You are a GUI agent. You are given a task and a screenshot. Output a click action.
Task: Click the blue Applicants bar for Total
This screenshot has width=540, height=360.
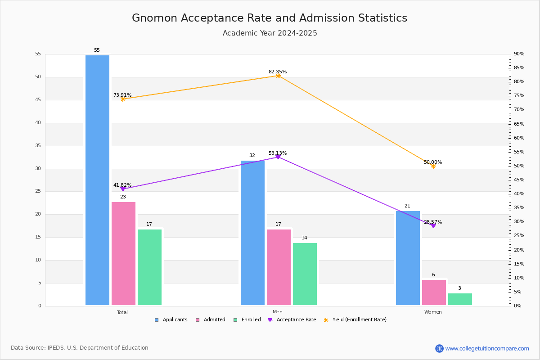click(97, 180)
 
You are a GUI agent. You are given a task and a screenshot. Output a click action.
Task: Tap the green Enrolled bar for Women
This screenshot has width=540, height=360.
click(460, 299)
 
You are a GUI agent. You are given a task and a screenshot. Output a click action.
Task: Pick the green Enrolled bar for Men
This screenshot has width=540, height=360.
click(305, 274)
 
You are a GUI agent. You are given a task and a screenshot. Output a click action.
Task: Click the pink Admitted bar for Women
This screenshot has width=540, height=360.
click(434, 292)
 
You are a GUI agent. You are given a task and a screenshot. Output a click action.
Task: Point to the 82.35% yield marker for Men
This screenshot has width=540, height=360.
click(278, 76)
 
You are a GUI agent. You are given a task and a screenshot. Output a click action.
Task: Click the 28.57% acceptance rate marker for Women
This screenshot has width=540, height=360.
click(433, 225)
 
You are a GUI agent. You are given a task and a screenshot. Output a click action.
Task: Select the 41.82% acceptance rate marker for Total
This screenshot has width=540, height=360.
click(123, 189)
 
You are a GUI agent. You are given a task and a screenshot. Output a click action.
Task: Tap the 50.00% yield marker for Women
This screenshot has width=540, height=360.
click(433, 166)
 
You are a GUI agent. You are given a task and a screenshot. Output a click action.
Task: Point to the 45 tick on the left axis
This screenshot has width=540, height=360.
click(38, 100)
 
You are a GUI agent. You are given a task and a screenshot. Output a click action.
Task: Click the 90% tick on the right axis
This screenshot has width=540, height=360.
click(519, 54)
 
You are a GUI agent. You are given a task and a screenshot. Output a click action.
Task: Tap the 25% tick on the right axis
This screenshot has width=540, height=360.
click(519, 236)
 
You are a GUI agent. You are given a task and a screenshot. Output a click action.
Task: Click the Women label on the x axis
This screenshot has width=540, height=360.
click(433, 312)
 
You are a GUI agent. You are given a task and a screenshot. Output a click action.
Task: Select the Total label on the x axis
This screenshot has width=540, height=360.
click(122, 312)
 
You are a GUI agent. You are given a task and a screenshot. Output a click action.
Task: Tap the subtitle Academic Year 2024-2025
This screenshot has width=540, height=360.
click(270, 33)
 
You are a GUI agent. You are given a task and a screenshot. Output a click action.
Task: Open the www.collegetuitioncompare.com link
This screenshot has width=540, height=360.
click(487, 348)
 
